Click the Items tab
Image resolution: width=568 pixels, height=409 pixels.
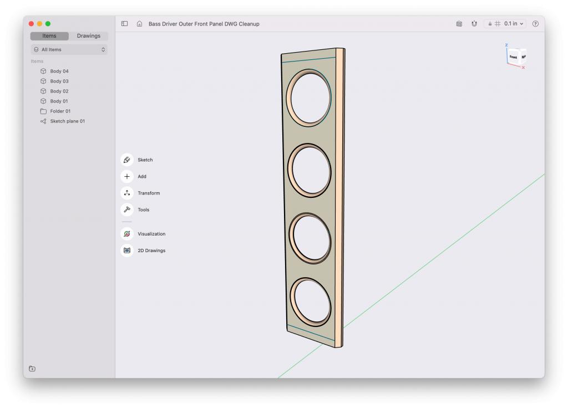coord(49,36)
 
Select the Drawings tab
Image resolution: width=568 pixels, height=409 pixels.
coord(88,36)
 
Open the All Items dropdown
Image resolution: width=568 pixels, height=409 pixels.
coord(69,49)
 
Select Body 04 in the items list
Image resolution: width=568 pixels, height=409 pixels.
coord(59,71)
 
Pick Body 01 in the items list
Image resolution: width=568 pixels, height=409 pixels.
coord(59,101)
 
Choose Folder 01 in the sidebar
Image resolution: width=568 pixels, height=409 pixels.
coord(60,111)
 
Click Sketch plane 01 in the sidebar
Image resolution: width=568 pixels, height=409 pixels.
coord(67,121)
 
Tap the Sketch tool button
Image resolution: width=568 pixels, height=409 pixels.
coord(127,160)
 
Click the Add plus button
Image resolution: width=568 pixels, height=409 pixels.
coord(127,177)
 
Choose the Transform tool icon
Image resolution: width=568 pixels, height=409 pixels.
coord(127,193)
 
